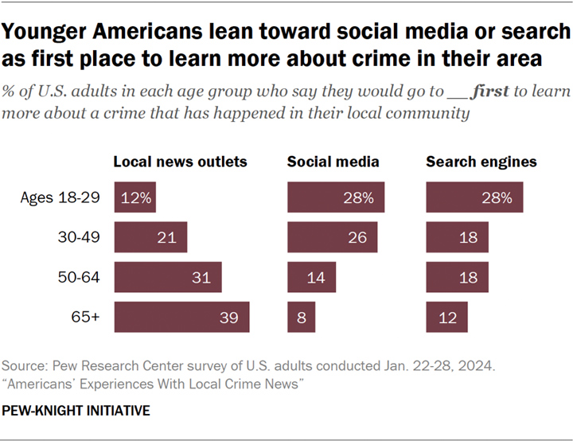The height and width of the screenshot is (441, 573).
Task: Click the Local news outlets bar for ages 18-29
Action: [x=134, y=197]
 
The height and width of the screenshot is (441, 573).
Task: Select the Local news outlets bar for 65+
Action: [x=182, y=317]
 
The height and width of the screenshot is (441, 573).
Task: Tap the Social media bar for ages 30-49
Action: [x=333, y=237]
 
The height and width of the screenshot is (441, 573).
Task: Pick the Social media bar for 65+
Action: [x=302, y=317]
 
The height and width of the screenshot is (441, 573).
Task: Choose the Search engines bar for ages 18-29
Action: [x=474, y=197]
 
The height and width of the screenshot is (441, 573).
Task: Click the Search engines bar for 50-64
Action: [x=457, y=277]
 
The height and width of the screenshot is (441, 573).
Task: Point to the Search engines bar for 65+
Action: [x=447, y=317]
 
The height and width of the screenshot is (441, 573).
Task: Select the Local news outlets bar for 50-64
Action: [x=168, y=277]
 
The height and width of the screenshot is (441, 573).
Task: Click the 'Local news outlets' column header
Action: [x=180, y=162]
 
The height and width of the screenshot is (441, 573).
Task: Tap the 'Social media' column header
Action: [x=333, y=162]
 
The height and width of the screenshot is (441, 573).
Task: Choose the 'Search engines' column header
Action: [x=481, y=162]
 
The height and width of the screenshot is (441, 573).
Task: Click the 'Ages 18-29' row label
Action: [x=60, y=198]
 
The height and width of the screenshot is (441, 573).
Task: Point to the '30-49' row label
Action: [x=79, y=237]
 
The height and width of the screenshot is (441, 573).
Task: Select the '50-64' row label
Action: [x=79, y=277]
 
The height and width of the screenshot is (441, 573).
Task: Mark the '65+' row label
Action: [x=85, y=317]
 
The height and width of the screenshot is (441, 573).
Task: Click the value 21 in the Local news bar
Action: [x=167, y=238]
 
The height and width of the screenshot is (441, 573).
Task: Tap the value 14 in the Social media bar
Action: [x=316, y=278]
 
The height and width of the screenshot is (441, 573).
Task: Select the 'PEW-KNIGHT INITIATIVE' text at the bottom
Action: [x=76, y=411]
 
